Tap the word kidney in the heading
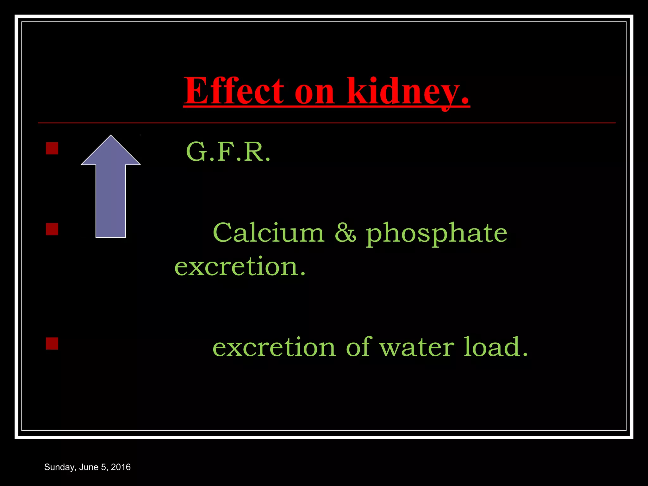(x=408, y=92)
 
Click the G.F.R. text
(x=228, y=152)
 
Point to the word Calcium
(x=269, y=233)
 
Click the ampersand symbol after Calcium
(x=345, y=233)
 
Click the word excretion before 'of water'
(x=274, y=347)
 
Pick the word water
(x=417, y=347)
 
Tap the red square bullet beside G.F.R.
(x=52, y=148)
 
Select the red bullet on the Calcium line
(x=52, y=229)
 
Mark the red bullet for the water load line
(x=52, y=343)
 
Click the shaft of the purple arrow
(x=111, y=202)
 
